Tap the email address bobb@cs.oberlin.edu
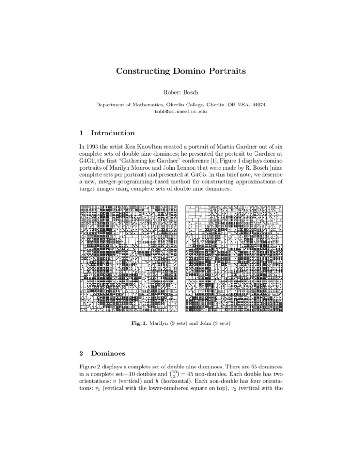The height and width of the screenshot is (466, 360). point(180,113)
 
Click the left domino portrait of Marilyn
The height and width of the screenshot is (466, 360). point(129,259)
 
